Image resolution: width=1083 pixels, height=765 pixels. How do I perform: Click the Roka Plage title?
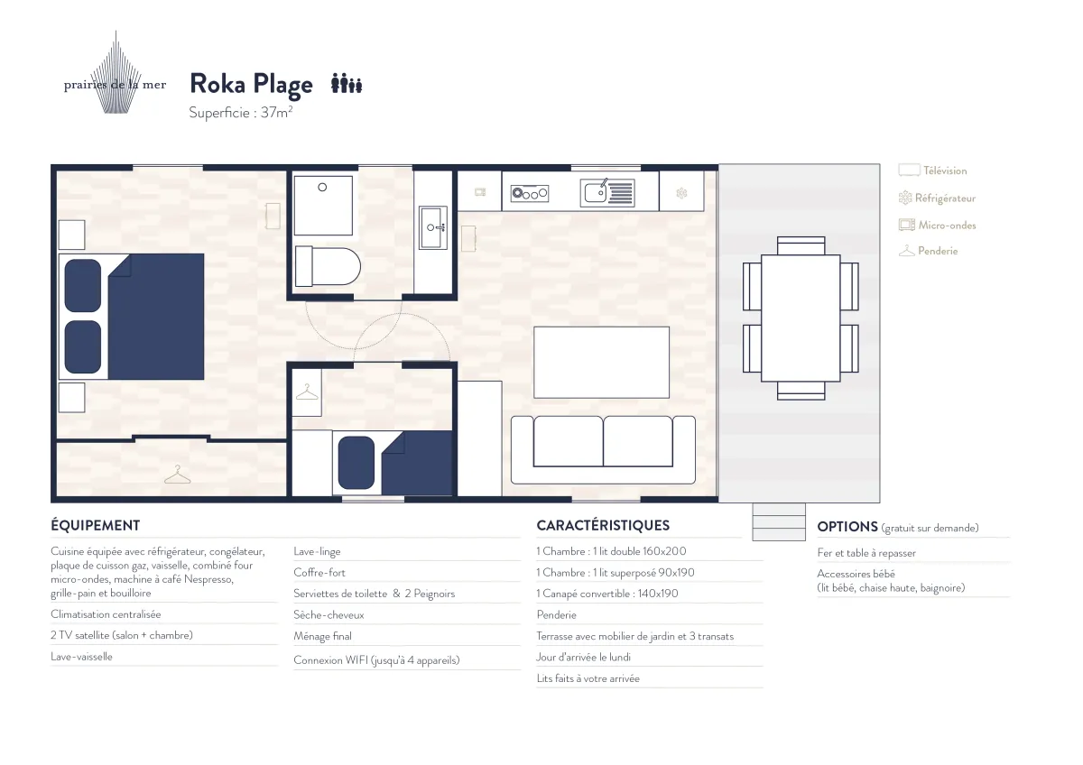pos(252,85)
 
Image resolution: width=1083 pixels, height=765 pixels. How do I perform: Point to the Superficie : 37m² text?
pos(240,113)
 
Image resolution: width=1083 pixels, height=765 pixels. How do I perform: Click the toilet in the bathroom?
pos(328,266)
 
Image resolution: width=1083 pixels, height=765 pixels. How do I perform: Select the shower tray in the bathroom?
pos(323,206)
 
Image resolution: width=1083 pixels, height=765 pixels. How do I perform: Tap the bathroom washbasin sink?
pos(433,227)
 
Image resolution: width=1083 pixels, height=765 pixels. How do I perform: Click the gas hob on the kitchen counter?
pos(530,193)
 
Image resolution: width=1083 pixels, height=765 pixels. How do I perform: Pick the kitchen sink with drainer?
pos(607,193)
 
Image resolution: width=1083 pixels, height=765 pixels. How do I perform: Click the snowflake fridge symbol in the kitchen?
pos(681,193)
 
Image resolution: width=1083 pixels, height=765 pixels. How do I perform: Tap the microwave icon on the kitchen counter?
pos(480,192)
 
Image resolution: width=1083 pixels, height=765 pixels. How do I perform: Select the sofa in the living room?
pos(603,450)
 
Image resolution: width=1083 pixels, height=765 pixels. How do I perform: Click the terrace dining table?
pos(801,318)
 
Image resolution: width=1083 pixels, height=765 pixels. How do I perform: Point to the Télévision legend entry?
pos(932,171)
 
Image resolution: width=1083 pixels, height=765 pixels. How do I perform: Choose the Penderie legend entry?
pos(929,251)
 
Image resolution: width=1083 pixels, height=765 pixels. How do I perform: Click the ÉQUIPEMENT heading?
pos(96,525)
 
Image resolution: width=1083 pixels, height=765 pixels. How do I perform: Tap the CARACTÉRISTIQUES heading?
pos(603,525)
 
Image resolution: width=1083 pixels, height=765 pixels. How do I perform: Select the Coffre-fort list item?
pos(319,573)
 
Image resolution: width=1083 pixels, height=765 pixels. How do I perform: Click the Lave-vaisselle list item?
pos(81,657)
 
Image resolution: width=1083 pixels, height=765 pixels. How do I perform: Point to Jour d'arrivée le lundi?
pos(584,658)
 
